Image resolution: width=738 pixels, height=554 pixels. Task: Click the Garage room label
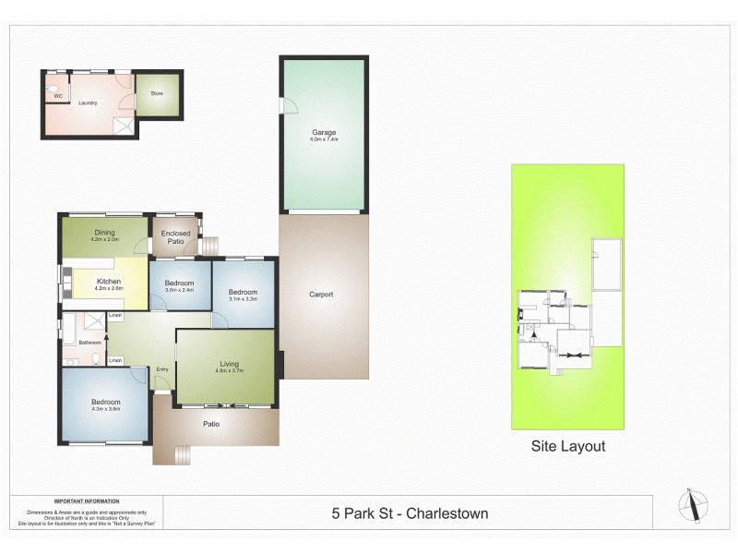pos(324,132)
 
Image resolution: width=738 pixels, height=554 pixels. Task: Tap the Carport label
pos(321,295)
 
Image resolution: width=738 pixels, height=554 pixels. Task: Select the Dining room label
pos(104,233)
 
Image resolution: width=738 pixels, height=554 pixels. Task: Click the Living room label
pos(230,363)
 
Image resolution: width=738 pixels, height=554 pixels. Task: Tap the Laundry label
pos(88,102)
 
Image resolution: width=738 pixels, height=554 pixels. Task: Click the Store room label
pos(157,93)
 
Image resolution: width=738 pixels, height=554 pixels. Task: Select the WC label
pos(57,95)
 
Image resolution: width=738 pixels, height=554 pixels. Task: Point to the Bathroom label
pos(89,343)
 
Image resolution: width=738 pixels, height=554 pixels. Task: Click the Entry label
pos(162,369)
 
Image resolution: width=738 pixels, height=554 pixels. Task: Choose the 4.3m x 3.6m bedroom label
pos(105,402)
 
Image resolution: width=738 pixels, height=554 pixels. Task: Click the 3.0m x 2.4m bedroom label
pos(179,283)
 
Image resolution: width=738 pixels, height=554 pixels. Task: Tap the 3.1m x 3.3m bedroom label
pos(244,293)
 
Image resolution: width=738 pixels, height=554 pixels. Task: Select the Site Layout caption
pos(568,446)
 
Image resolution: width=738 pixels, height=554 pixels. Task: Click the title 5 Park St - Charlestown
pos(410,513)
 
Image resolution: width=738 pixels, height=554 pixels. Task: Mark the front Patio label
pos(211,424)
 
